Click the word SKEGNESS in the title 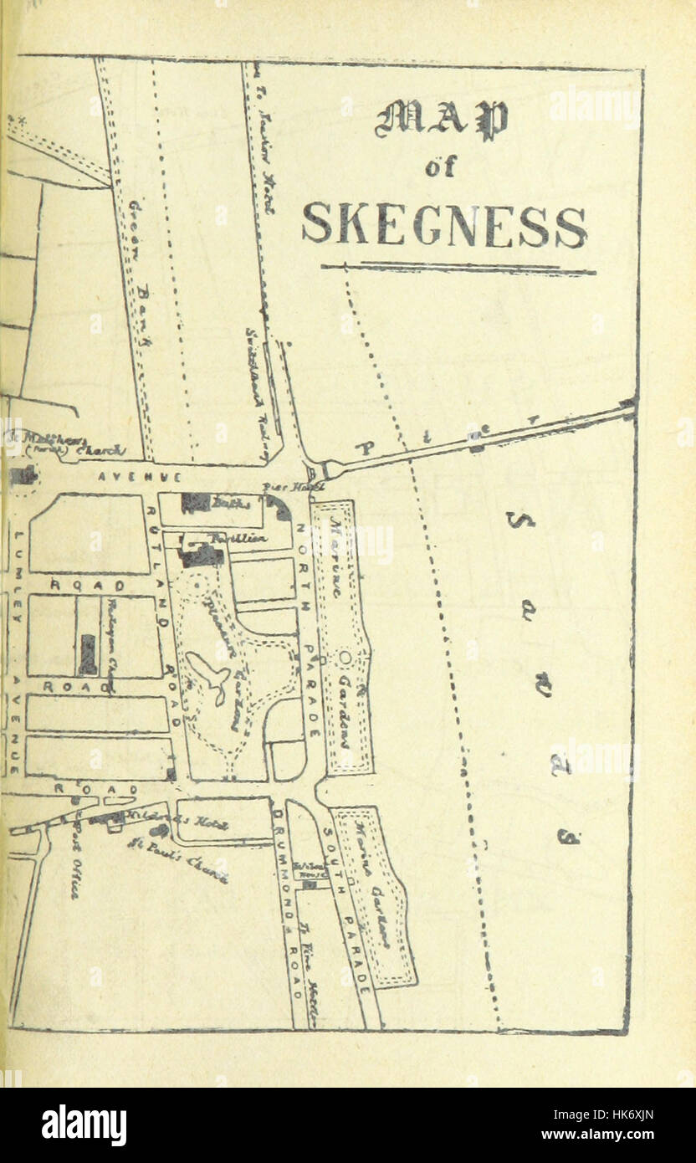click(x=444, y=225)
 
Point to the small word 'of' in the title click(x=440, y=167)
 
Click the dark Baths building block click(x=194, y=503)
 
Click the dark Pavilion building click(x=203, y=552)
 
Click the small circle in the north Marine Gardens click(x=345, y=658)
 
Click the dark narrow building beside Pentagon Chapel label click(x=87, y=653)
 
